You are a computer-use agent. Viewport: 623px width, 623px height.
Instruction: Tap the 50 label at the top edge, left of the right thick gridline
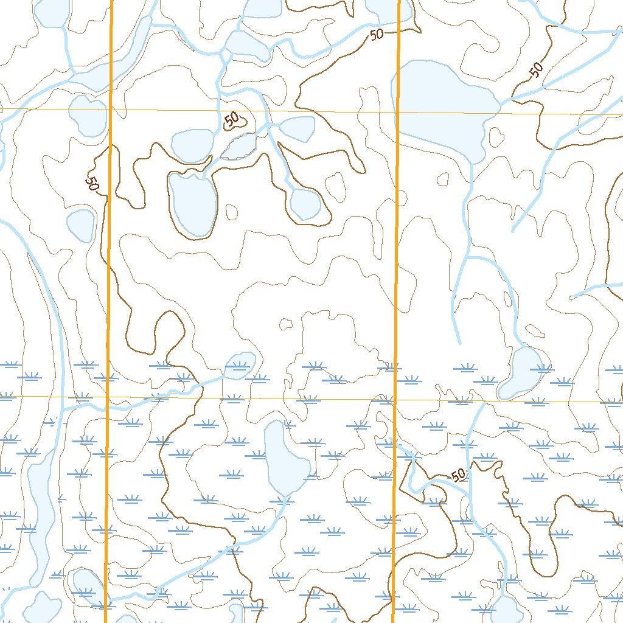pos(377,35)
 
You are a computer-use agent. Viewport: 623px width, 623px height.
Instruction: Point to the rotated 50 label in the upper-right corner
pos(535,71)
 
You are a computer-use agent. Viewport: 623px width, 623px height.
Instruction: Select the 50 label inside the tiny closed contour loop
pos(232,120)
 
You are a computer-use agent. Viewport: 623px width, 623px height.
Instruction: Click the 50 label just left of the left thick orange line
pos(92,183)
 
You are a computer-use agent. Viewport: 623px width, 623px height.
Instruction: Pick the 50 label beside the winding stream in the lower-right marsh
pos(459,475)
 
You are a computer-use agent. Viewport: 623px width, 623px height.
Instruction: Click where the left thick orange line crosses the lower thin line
pos(108,397)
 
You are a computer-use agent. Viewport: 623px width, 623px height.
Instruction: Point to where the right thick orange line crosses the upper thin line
pos(398,113)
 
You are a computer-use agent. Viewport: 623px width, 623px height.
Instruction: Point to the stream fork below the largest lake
pos(469,258)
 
